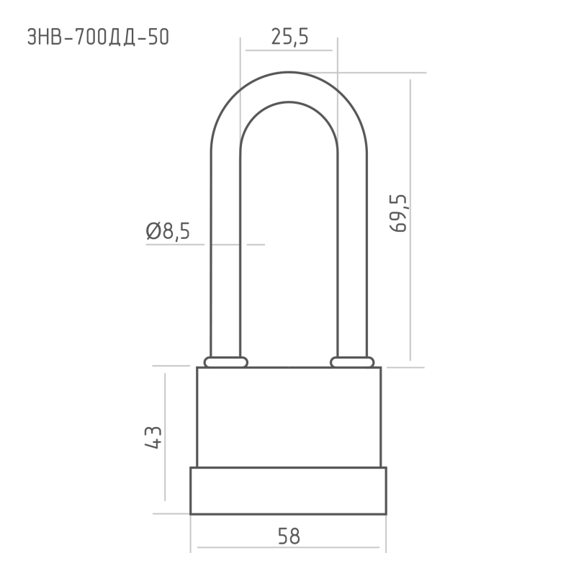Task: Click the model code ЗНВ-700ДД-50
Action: coord(98,37)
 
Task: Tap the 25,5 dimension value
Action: coord(290,37)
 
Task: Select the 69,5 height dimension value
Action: coord(399,213)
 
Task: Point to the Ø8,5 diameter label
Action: coord(168,231)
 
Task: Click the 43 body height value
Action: coord(153,438)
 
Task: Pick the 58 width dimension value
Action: coord(289,536)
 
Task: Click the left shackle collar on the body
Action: coord(226,362)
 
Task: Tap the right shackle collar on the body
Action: coord(352,362)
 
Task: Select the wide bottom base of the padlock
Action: coord(289,491)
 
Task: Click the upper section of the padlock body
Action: coord(289,417)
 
